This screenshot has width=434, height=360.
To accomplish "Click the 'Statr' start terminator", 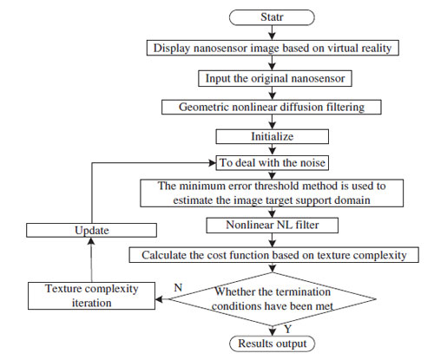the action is (x=272, y=17).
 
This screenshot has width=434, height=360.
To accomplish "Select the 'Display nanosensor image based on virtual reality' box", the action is (x=273, y=48).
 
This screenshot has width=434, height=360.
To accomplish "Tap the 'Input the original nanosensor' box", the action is (x=275, y=78).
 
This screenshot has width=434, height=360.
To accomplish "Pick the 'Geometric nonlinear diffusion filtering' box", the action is (x=272, y=107).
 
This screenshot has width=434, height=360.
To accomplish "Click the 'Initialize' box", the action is (x=273, y=136).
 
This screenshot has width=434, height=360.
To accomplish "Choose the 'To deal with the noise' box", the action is (x=273, y=163).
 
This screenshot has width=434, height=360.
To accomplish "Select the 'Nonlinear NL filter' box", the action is (x=272, y=226).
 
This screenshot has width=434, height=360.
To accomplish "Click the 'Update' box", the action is (x=91, y=230).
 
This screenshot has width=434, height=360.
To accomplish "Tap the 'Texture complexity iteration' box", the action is (x=91, y=296).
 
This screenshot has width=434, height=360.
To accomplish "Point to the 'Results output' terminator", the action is (x=272, y=344).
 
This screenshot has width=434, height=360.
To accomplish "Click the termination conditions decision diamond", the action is (x=272, y=299).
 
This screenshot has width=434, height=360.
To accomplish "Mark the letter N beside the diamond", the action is (x=178, y=288).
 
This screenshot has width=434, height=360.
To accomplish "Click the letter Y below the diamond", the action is (x=287, y=329).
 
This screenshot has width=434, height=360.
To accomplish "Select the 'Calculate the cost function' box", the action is (x=273, y=255).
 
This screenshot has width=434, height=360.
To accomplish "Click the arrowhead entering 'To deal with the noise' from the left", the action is (x=213, y=163).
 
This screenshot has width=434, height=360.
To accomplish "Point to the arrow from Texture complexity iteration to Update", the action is (x=91, y=259).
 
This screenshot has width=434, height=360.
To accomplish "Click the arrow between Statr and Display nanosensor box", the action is (x=272, y=33).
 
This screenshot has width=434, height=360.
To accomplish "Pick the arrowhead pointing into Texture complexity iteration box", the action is (x=159, y=299).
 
